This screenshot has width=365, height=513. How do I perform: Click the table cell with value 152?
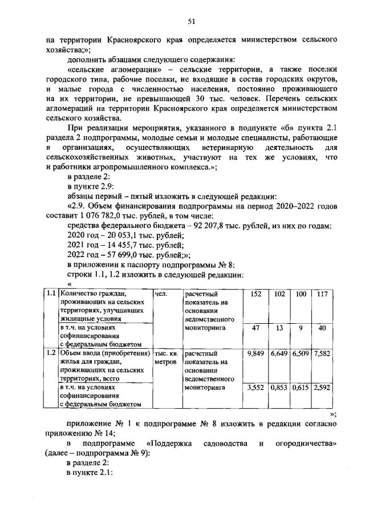pos(256,294)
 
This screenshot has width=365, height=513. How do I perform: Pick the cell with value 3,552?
pos(256,388)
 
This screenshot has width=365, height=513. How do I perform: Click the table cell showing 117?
pos(323,294)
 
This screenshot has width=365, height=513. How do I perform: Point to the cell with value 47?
pos(256,328)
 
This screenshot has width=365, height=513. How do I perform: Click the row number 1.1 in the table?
pos(51,294)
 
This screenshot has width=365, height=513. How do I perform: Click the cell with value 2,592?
pos(323,388)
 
